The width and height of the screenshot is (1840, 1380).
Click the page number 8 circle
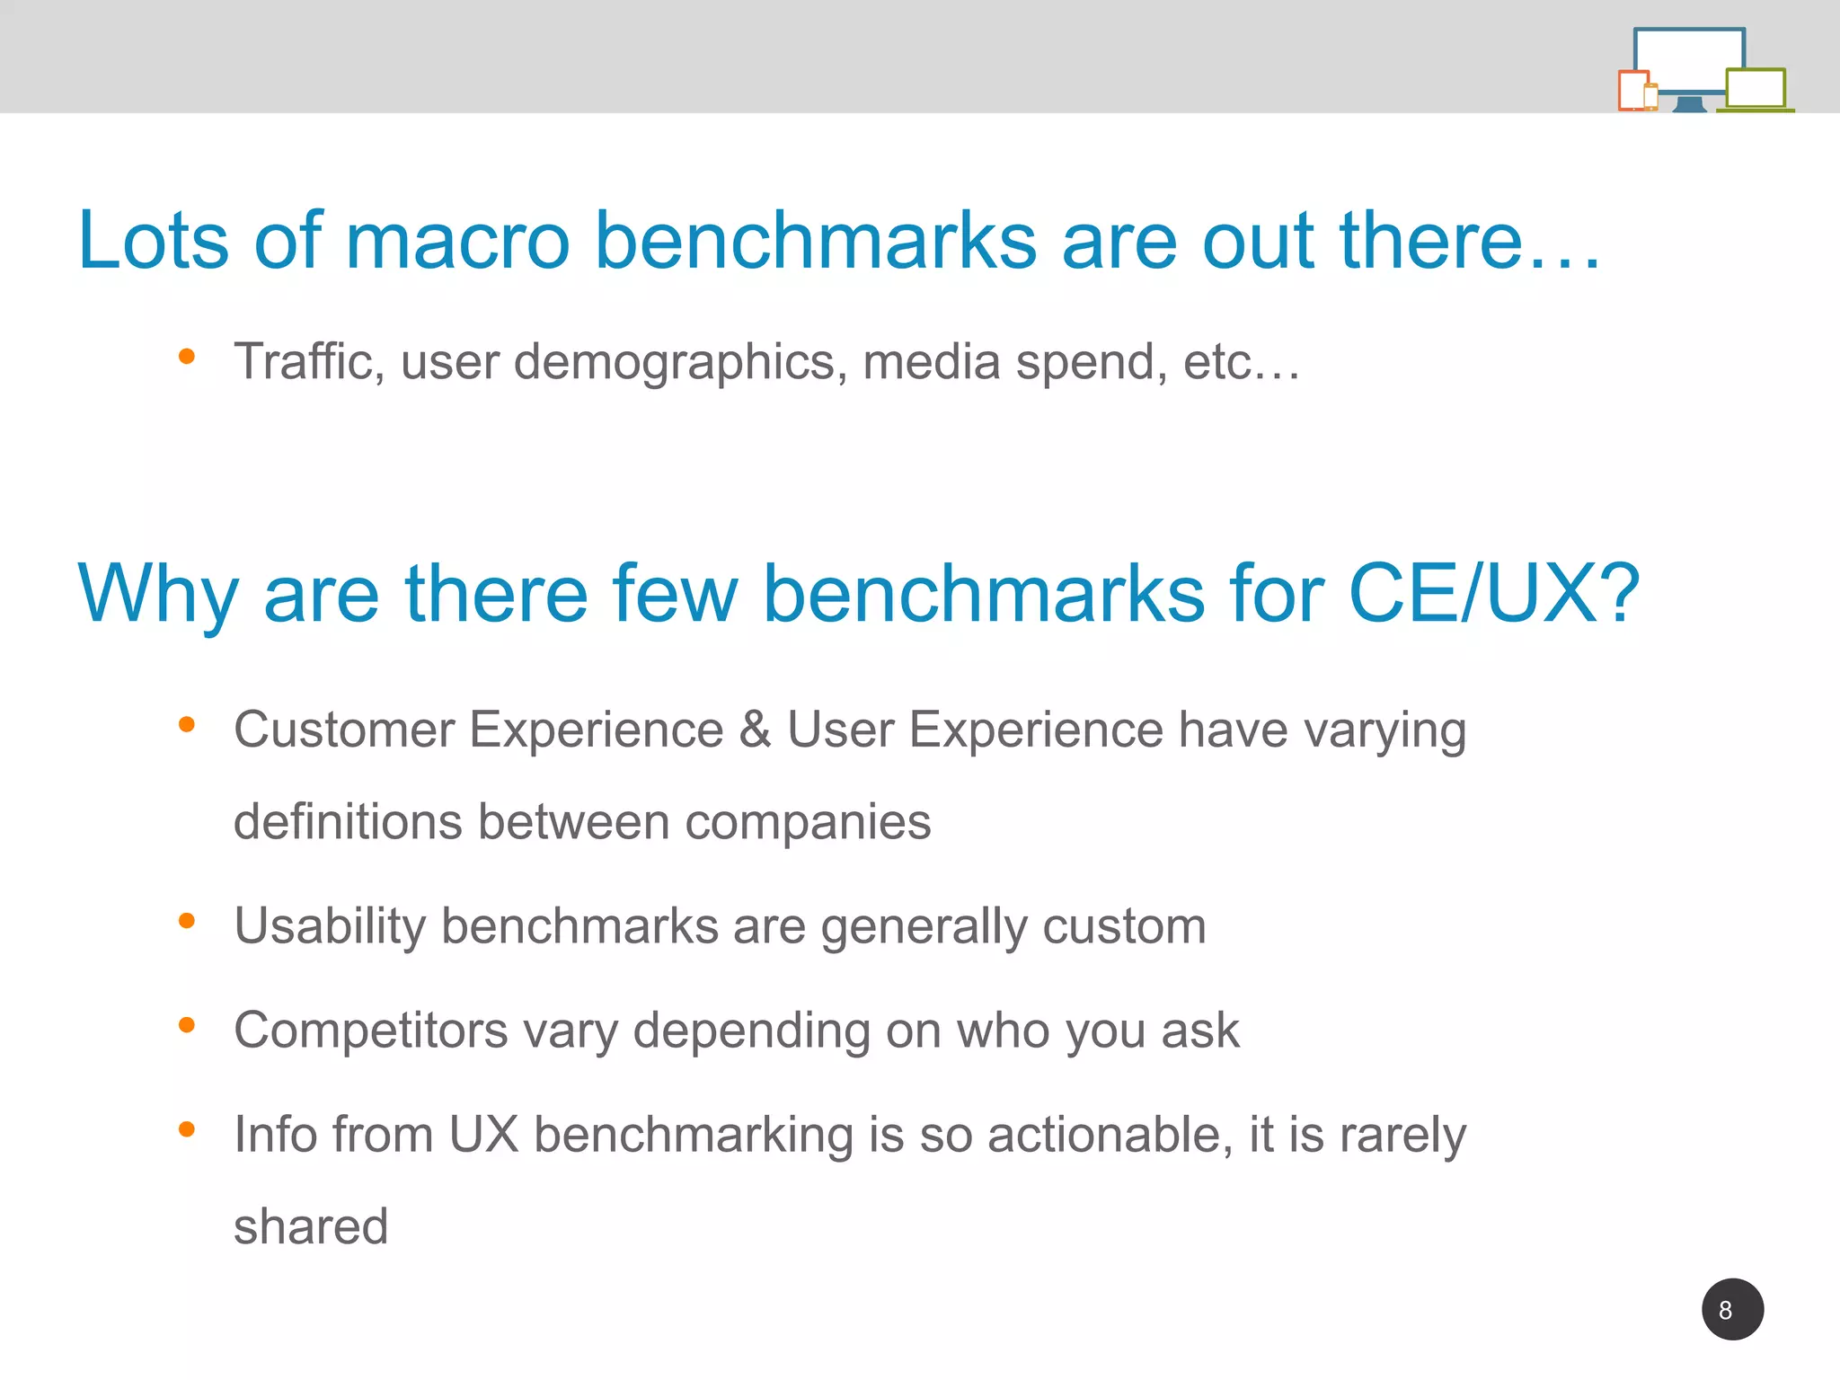tap(1732, 1309)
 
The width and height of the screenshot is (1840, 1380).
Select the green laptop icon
tap(1756, 90)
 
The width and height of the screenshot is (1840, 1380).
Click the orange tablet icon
tap(1633, 91)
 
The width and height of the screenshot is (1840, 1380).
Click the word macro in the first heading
tap(457, 241)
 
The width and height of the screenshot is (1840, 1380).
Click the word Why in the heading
tap(158, 595)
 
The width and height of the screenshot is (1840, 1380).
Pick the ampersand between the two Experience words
tap(755, 729)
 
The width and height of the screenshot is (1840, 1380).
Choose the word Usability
tap(330, 926)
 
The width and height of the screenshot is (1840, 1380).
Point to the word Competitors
tap(370, 1031)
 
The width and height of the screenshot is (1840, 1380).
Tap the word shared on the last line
tap(311, 1226)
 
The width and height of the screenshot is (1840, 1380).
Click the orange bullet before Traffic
tap(187, 357)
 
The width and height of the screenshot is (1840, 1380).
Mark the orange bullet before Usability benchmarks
tap(187, 920)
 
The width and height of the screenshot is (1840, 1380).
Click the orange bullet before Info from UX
tap(187, 1128)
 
